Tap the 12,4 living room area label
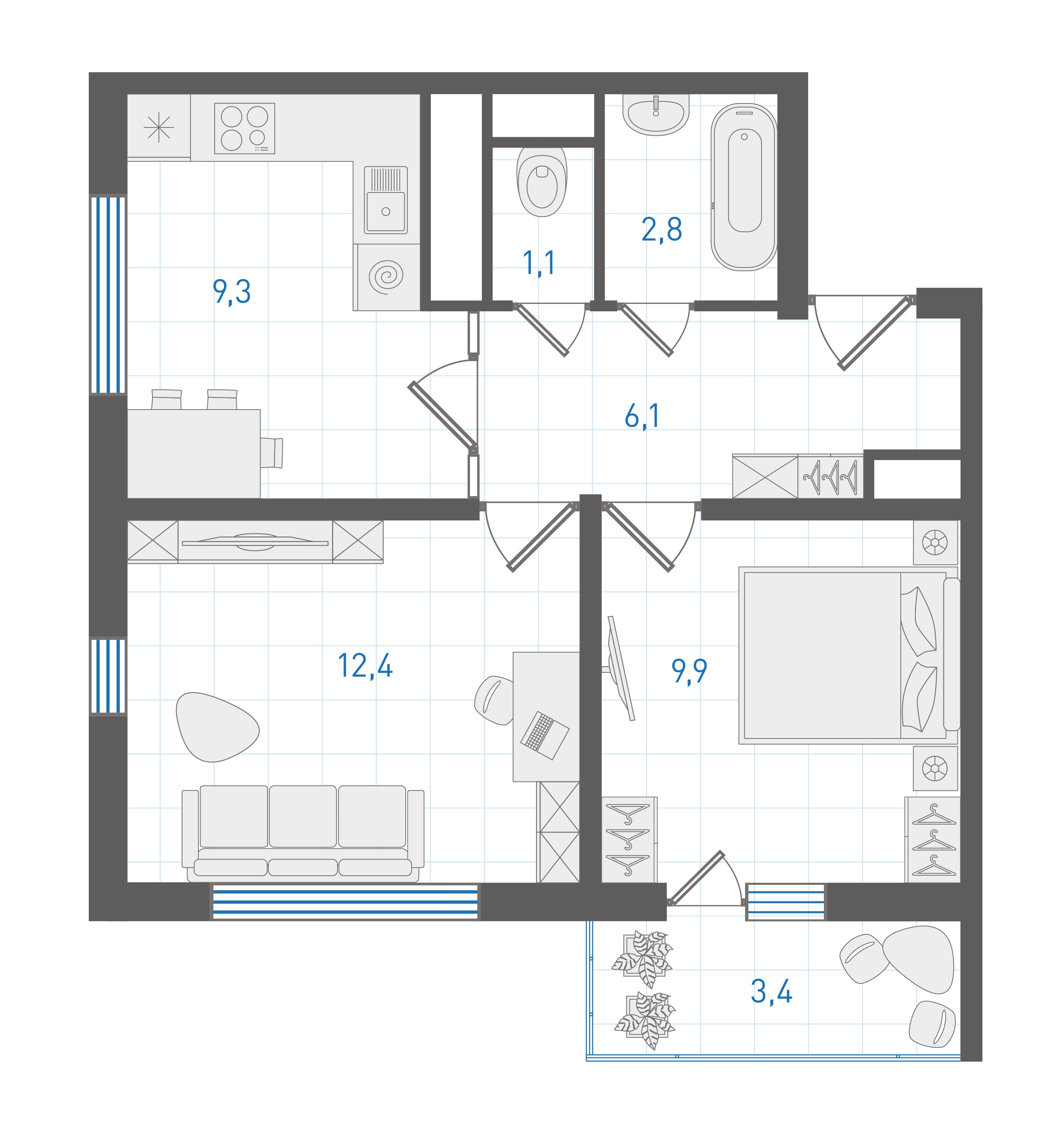pos(365,665)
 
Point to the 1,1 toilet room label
pos(539,263)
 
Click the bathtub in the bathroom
pos(744,187)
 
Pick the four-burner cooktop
pos(244,128)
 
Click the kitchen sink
pos(385,200)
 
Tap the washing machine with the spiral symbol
pos(387,277)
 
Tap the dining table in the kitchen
pos(194,453)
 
